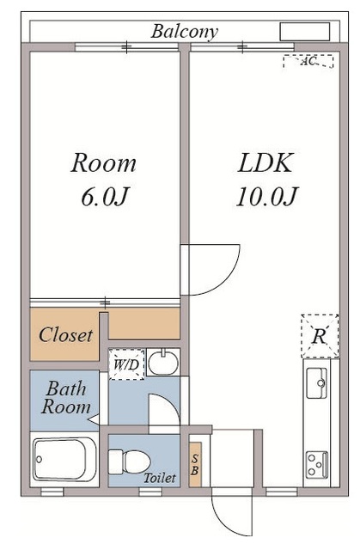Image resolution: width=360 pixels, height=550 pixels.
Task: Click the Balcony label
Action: (x=185, y=32)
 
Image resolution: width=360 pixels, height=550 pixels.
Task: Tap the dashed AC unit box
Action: (x=308, y=61)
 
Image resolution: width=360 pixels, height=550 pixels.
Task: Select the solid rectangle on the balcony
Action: (x=305, y=32)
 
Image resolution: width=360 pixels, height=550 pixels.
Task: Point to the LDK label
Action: (x=265, y=163)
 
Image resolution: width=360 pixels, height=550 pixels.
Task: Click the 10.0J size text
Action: (x=266, y=197)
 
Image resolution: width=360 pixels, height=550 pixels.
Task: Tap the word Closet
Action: (x=66, y=334)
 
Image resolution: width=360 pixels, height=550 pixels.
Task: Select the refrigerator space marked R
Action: (x=320, y=336)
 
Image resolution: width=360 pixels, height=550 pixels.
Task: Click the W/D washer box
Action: (x=126, y=364)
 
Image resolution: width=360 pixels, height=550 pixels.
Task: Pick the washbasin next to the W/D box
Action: (x=163, y=363)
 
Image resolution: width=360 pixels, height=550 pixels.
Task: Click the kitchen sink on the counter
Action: (x=316, y=382)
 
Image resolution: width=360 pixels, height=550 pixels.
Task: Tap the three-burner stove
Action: (x=317, y=465)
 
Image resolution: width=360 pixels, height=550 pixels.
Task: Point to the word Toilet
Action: (x=160, y=478)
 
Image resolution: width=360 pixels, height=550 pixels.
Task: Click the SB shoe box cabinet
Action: (x=195, y=464)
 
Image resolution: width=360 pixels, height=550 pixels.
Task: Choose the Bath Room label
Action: (x=66, y=398)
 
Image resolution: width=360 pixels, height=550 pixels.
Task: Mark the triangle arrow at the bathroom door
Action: (x=94, y=419)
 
